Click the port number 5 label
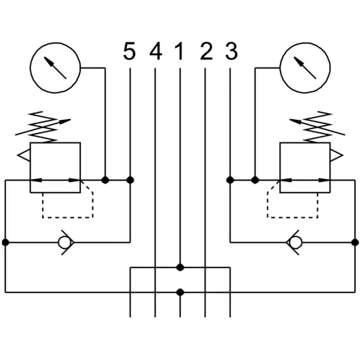point(129,52)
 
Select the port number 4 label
point(155,52)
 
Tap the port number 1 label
point(179,52)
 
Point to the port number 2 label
point(206,52)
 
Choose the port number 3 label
point(231,52)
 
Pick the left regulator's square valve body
point(55,168)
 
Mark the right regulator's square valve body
point(306,168)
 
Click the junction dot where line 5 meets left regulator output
point(130,180)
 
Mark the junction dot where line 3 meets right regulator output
point(231,180)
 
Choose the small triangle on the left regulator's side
point(25,156)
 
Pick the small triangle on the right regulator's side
point(336,156)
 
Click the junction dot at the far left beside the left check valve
point(5,241)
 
